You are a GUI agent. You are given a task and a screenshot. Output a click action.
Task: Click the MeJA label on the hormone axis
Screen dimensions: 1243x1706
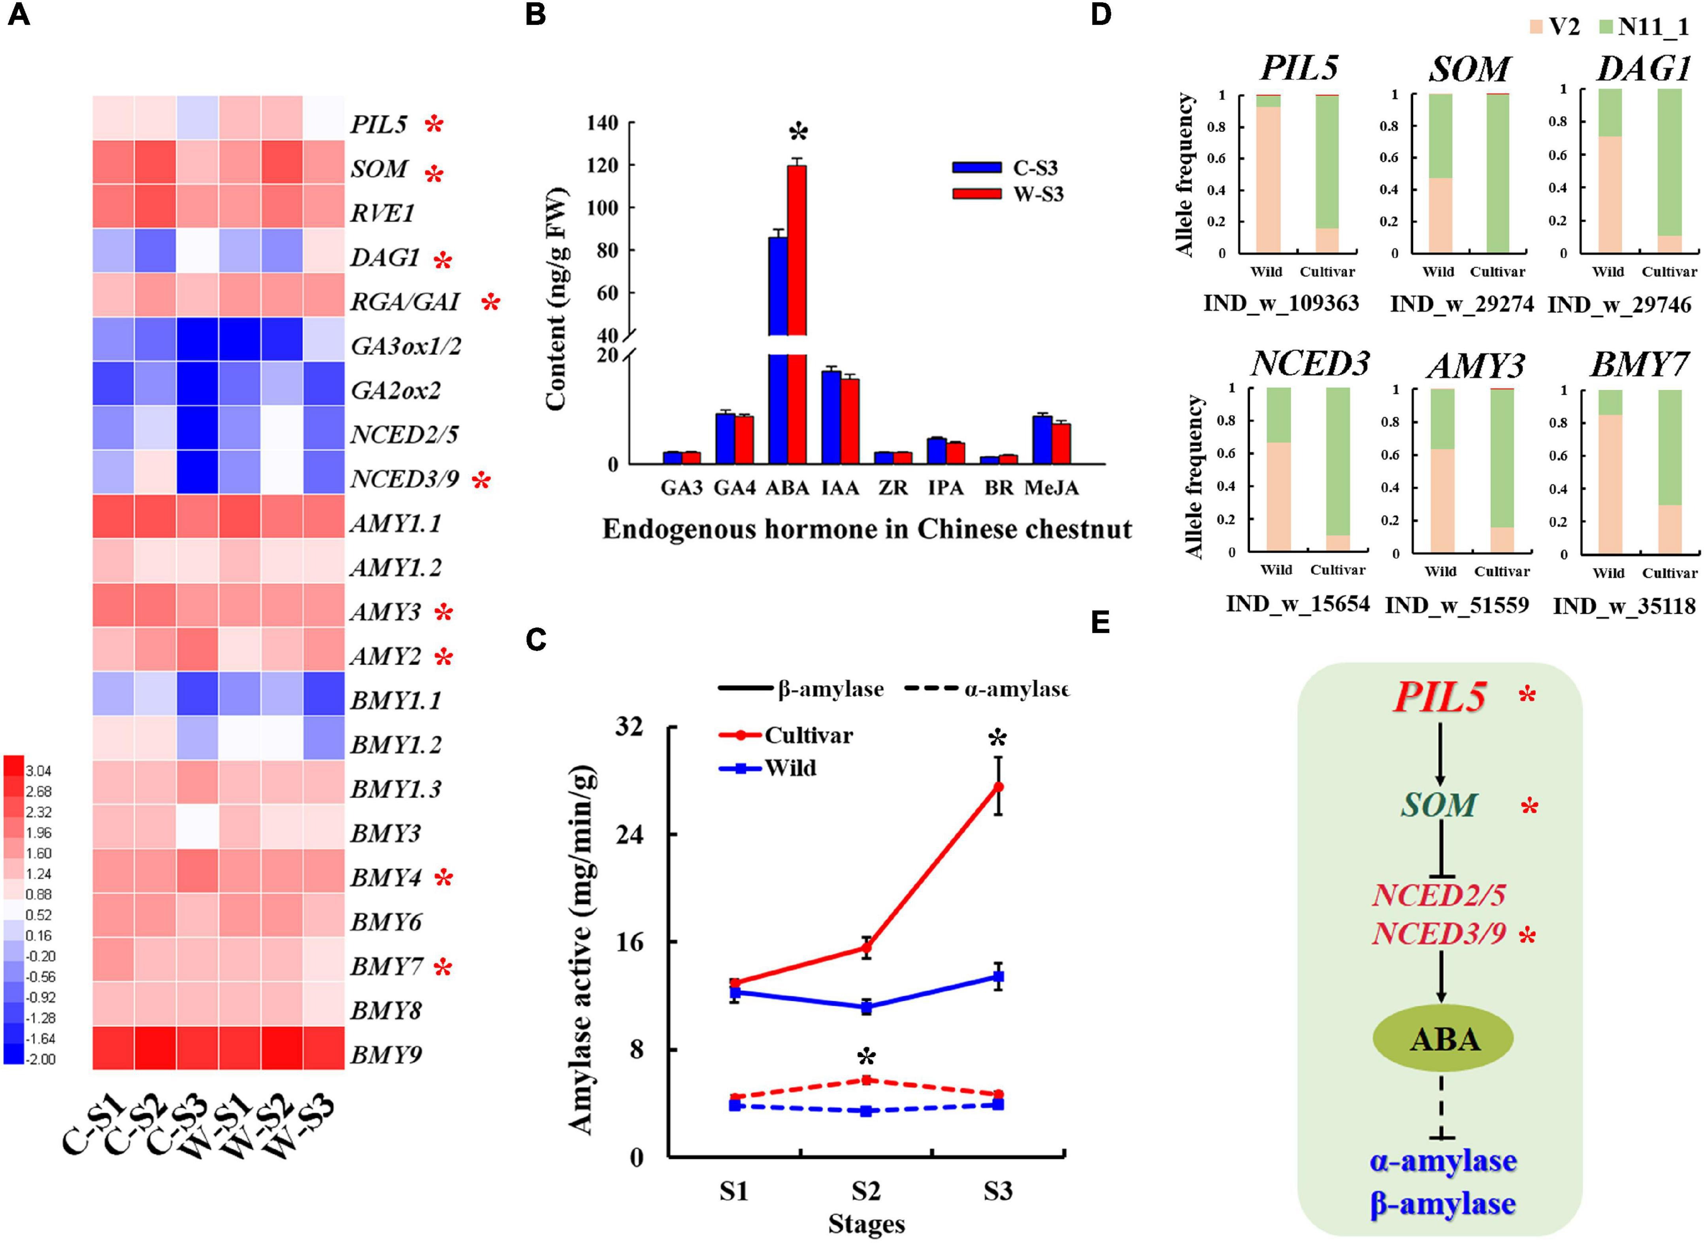[1051, 489]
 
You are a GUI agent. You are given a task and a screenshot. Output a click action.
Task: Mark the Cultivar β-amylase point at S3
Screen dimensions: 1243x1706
[998, 786]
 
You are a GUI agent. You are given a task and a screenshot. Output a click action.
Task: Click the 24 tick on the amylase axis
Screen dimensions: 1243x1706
[630, 834]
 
